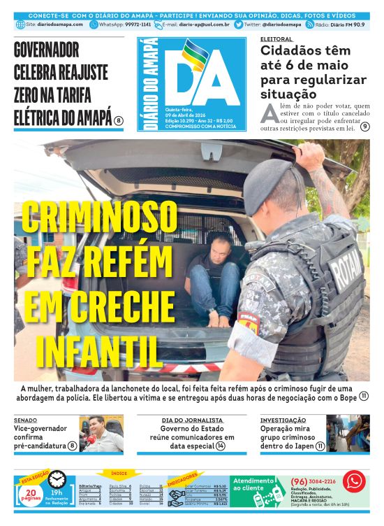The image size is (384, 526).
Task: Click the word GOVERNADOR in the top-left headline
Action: pyautogui.click(x=46, y=50)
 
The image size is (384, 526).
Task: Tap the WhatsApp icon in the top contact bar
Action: pyautogui.click(x=94, y=24)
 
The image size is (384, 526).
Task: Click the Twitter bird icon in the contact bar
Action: pyautogui.click(x=238, y=24)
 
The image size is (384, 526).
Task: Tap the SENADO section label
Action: pyautogui.click(x=25, y=420)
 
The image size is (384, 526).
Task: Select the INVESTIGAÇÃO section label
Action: pyautogui.click(x=283, y=420)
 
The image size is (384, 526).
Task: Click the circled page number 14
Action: pyautogui.click(x=220, y=446)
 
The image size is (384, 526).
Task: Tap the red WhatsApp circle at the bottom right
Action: pyautogui.click(x=354, y=481)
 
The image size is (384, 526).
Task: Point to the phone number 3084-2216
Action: pyautogui.click(x=320, y=481)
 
